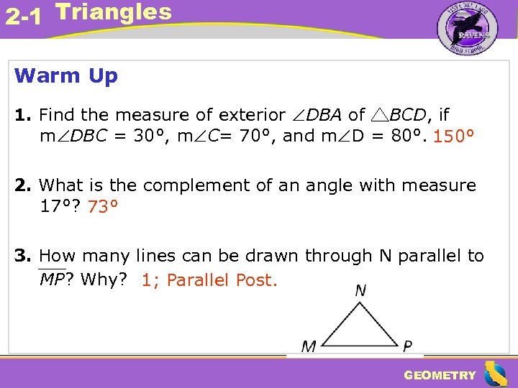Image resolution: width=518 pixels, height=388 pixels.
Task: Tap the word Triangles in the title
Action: click(x=114, y=12)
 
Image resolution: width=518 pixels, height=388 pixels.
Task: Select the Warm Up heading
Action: click(x=66, y=75)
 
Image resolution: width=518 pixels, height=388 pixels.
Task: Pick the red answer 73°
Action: click(x=103, y=207)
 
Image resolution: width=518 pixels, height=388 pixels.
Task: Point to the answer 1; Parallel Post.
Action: click(x=209, y=280)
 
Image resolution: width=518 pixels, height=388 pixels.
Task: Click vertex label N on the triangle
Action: click(x=360, y=290)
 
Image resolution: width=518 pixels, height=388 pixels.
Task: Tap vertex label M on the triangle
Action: click(x=309, y=346)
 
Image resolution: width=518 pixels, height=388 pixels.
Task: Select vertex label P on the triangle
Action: click(x=408, y=346)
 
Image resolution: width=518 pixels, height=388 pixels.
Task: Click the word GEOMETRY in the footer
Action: click(x=440, y=375)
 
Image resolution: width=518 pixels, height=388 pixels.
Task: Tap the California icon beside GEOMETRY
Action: click(x=496, y=374)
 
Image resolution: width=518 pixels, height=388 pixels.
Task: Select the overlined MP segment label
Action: click(x=52, y=280)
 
